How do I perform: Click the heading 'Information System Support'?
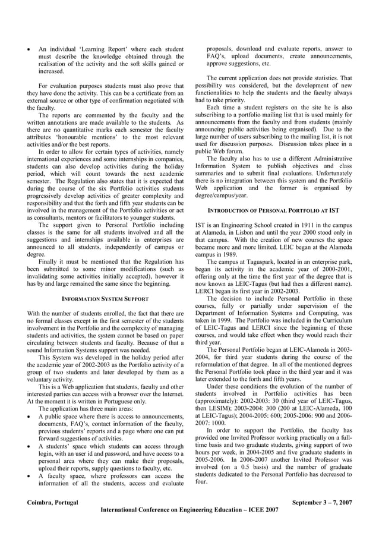[106, 298]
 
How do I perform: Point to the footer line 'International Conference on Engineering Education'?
[190, 510]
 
